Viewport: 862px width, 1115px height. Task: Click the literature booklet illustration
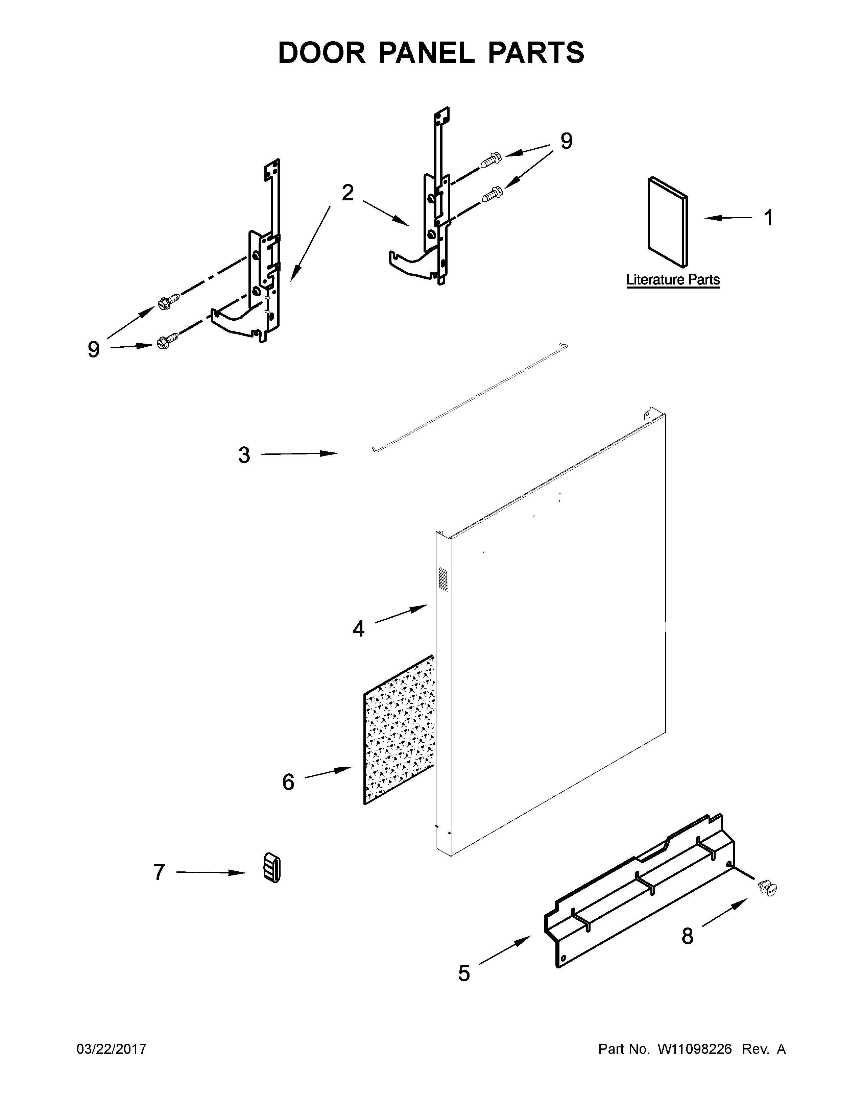667,222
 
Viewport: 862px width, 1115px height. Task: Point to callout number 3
244,455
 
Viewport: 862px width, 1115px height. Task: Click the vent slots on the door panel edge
443,579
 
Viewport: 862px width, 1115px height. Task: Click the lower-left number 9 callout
93,350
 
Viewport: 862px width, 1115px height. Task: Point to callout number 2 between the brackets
347,193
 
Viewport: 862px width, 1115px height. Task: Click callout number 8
687,936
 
